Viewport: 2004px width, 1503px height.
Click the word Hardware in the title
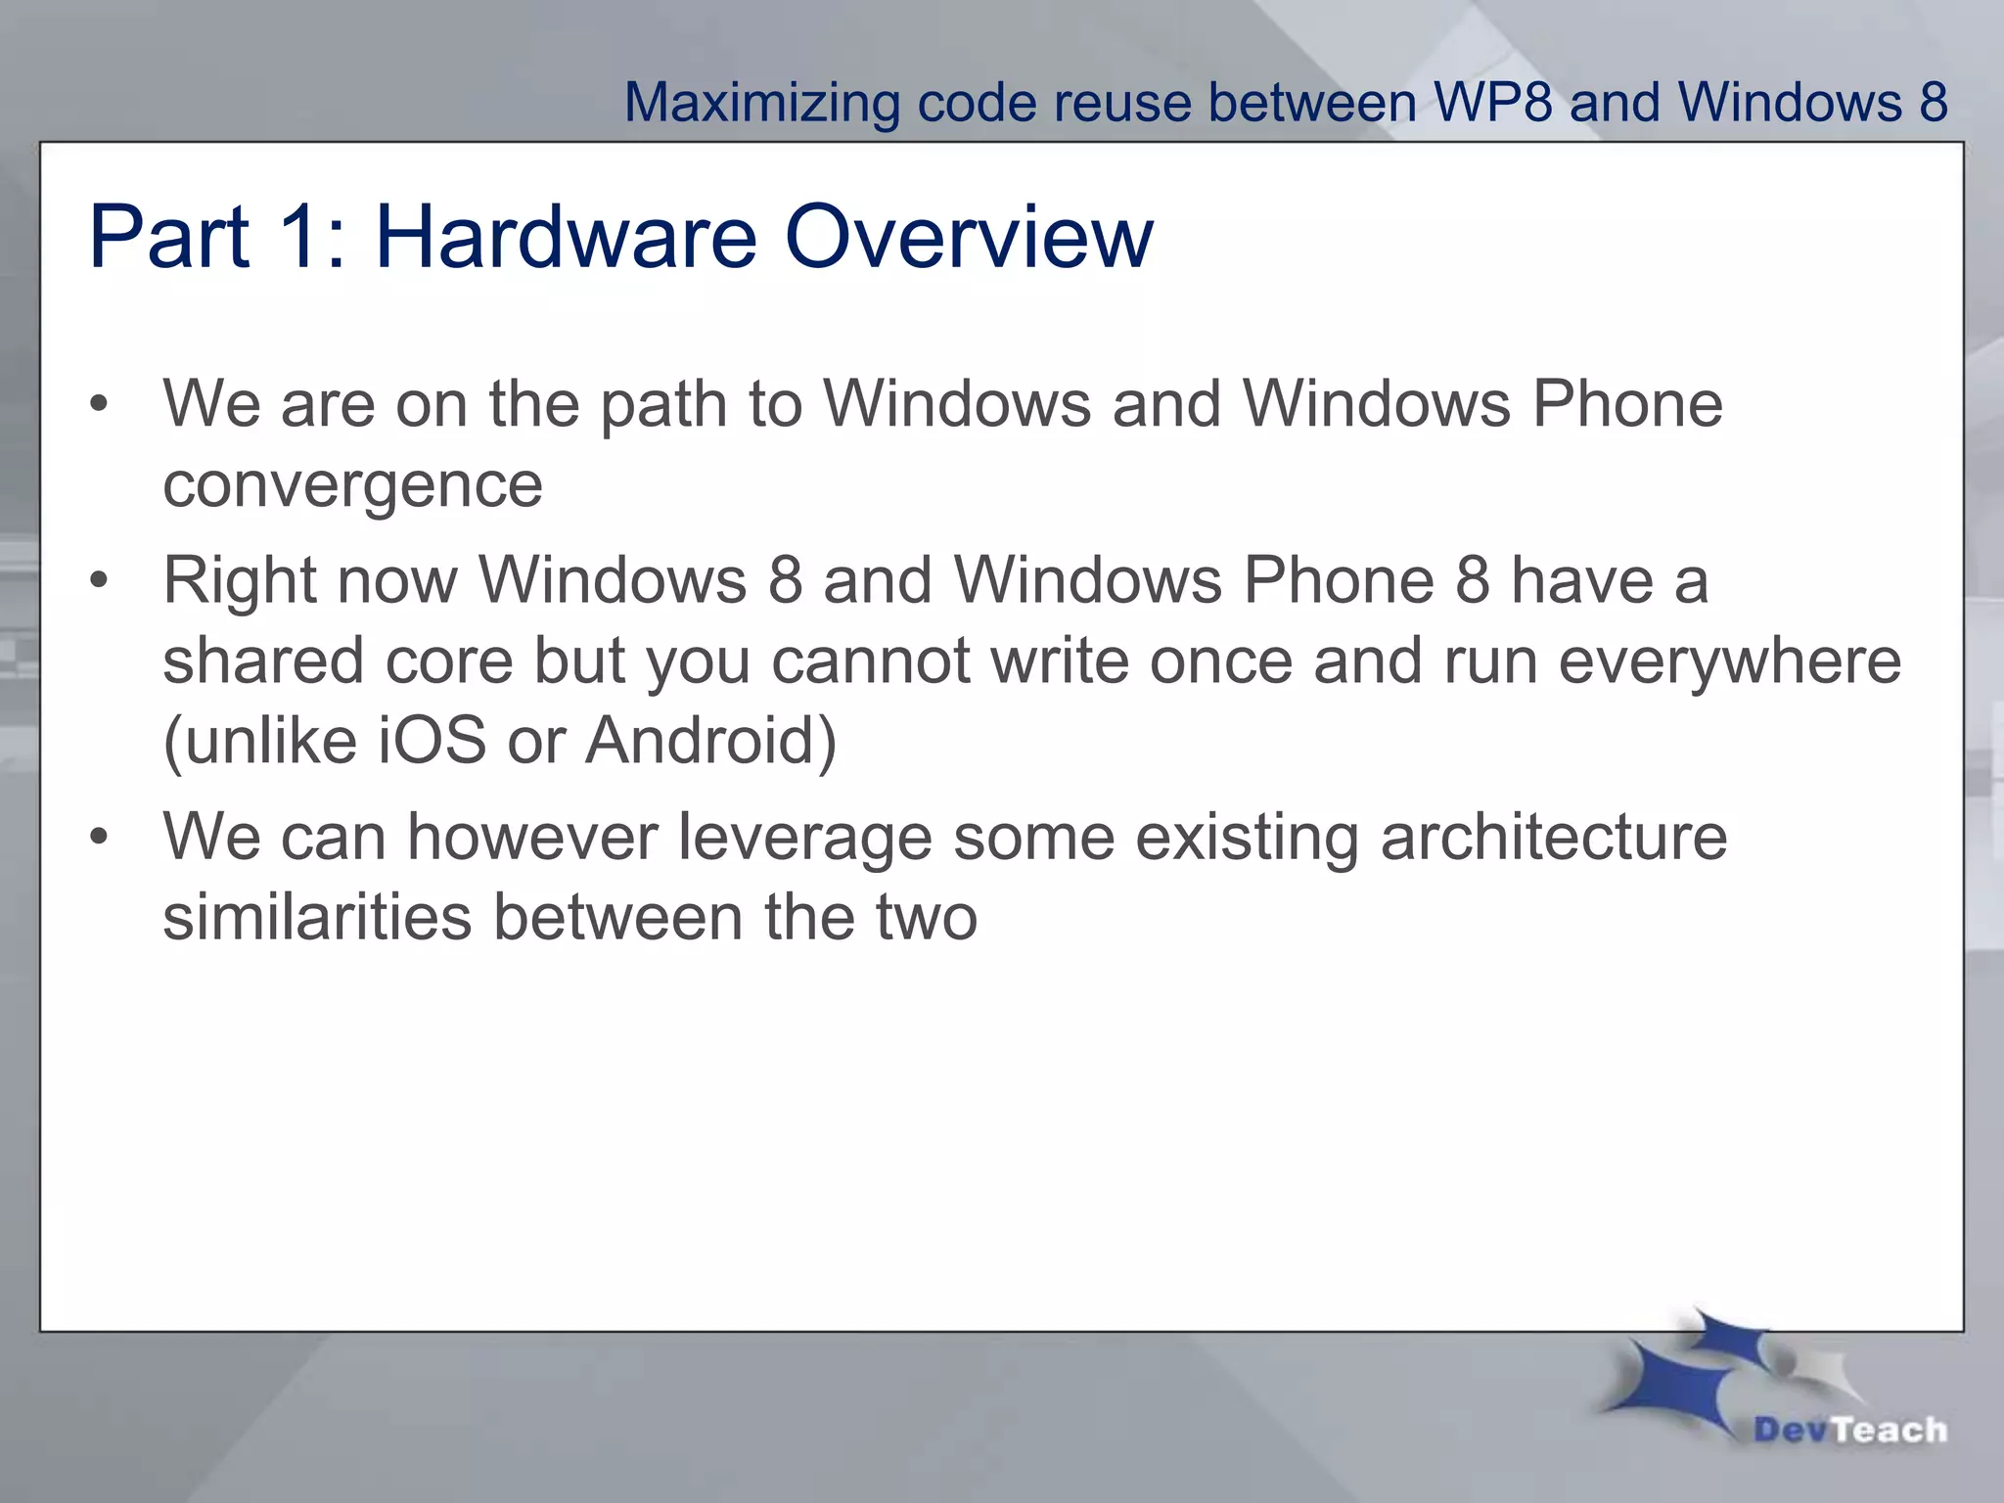tap(566, 237)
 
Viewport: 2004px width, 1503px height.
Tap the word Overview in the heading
tap(969, 237)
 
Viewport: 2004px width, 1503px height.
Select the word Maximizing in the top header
tap(761, 103)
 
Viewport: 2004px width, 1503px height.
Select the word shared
tap(263, 660)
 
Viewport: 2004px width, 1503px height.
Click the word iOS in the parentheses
tap(432, 741)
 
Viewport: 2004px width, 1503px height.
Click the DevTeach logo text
tap(1849, 1430)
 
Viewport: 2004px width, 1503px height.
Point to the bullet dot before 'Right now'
tap(98, 581)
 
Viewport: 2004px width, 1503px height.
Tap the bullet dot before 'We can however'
tap(98, 838)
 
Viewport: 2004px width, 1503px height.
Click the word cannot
tap(870, 661)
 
